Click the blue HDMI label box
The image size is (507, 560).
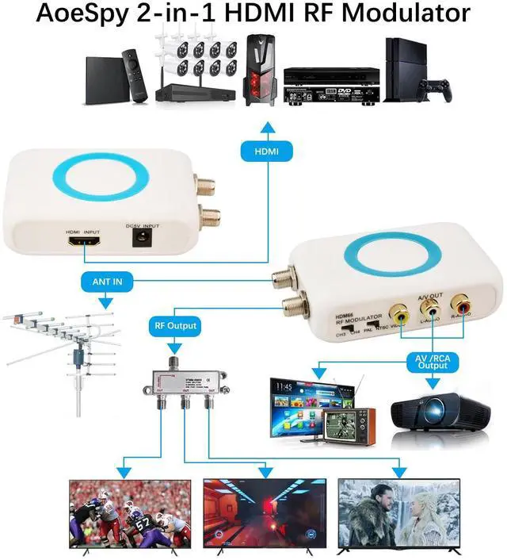coord(266,151)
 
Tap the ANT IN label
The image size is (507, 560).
coord(106,280)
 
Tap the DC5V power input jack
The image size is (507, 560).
coord(143,237)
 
